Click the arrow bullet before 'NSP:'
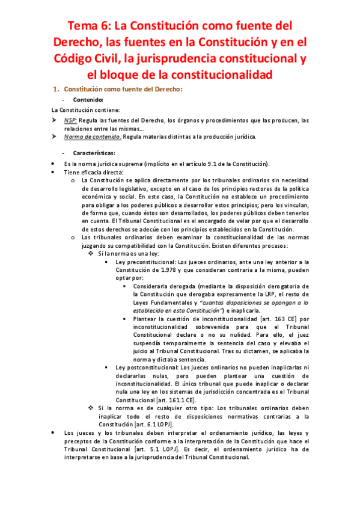tap(53, 120)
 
